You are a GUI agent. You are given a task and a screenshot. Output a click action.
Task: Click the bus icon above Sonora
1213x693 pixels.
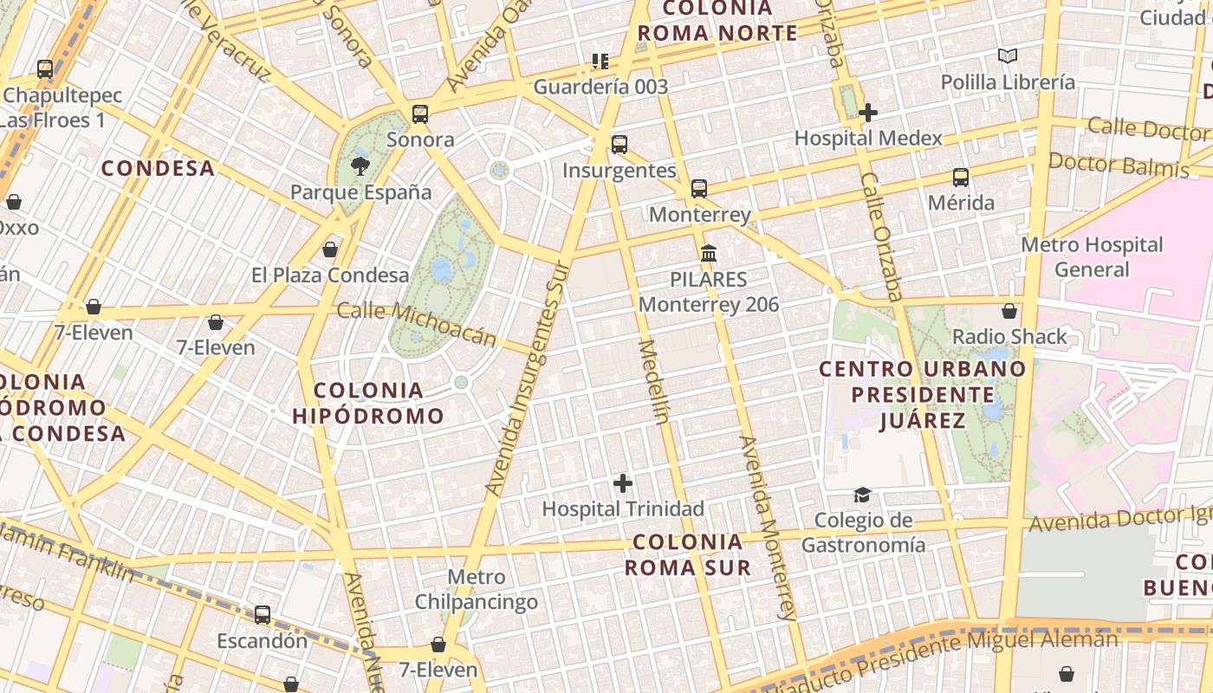[420, 113]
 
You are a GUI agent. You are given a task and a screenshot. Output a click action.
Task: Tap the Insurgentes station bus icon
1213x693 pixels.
[619, 145]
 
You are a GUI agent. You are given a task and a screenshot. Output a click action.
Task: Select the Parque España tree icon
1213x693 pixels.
[360, 165]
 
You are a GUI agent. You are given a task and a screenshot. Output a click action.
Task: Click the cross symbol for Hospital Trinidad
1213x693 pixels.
[622, 483]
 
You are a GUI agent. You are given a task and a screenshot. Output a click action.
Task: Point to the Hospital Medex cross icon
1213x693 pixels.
[868, 113]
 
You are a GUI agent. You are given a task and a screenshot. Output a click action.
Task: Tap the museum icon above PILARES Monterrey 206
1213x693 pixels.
[709, 254]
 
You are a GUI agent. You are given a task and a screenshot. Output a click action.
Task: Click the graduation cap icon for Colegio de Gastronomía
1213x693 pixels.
[862, 495]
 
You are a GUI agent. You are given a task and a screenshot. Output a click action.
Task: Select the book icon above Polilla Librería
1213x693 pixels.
[1007, 56]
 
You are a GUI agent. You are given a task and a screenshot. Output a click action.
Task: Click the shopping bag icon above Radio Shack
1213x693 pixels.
[1009, 311]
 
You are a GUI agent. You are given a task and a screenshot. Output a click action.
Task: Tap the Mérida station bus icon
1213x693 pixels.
[960, 178]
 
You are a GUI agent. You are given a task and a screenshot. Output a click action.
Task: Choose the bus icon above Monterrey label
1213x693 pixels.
[699, 188]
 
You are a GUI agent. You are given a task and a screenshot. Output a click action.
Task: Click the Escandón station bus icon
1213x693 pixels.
[262, 615]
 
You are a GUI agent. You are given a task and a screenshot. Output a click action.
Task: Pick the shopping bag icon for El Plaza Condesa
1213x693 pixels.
[329, 250]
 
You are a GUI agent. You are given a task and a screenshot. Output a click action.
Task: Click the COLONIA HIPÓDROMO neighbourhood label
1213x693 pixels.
[368, 403]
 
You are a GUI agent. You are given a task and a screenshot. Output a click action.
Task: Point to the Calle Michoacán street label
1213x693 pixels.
[416, 324]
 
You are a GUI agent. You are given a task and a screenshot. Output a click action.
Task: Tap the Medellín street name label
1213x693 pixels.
[654, 381]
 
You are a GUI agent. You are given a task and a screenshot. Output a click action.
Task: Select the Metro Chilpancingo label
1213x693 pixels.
[476, 589]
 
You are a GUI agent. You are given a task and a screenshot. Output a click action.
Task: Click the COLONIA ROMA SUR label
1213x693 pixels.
[688, 555]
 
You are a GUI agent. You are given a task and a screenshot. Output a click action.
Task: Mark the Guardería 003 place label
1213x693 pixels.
[600, 87]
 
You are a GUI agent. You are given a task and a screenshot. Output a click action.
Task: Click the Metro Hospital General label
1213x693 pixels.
[1092, 256]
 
